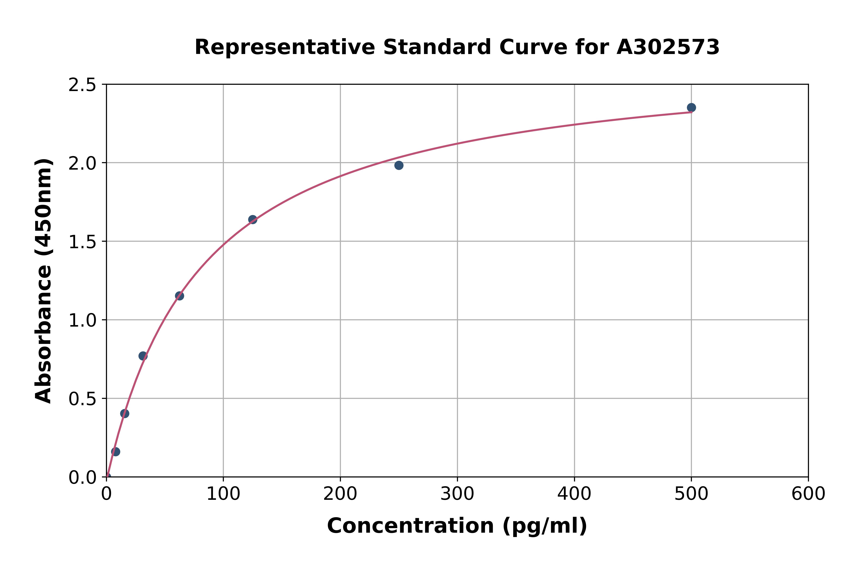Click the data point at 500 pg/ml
691,108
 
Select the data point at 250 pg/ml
399,165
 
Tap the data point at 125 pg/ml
252,219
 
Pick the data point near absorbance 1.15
179,296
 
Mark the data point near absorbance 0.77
143,356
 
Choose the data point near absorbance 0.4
125,414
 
